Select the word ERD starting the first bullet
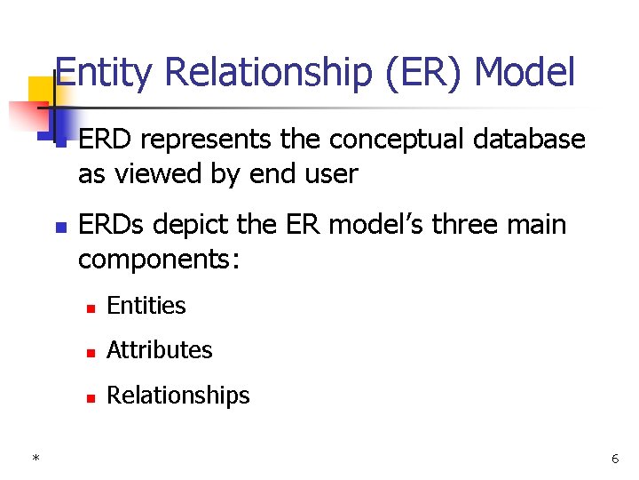tap(105, 140)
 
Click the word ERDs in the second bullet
tap(113, 225)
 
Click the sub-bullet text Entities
tap(146, 306)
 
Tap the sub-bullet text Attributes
tap(160, 350)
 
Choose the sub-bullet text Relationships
tap(178, 396)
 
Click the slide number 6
tap(615, 459)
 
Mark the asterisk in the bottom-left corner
tap(35, 459)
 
